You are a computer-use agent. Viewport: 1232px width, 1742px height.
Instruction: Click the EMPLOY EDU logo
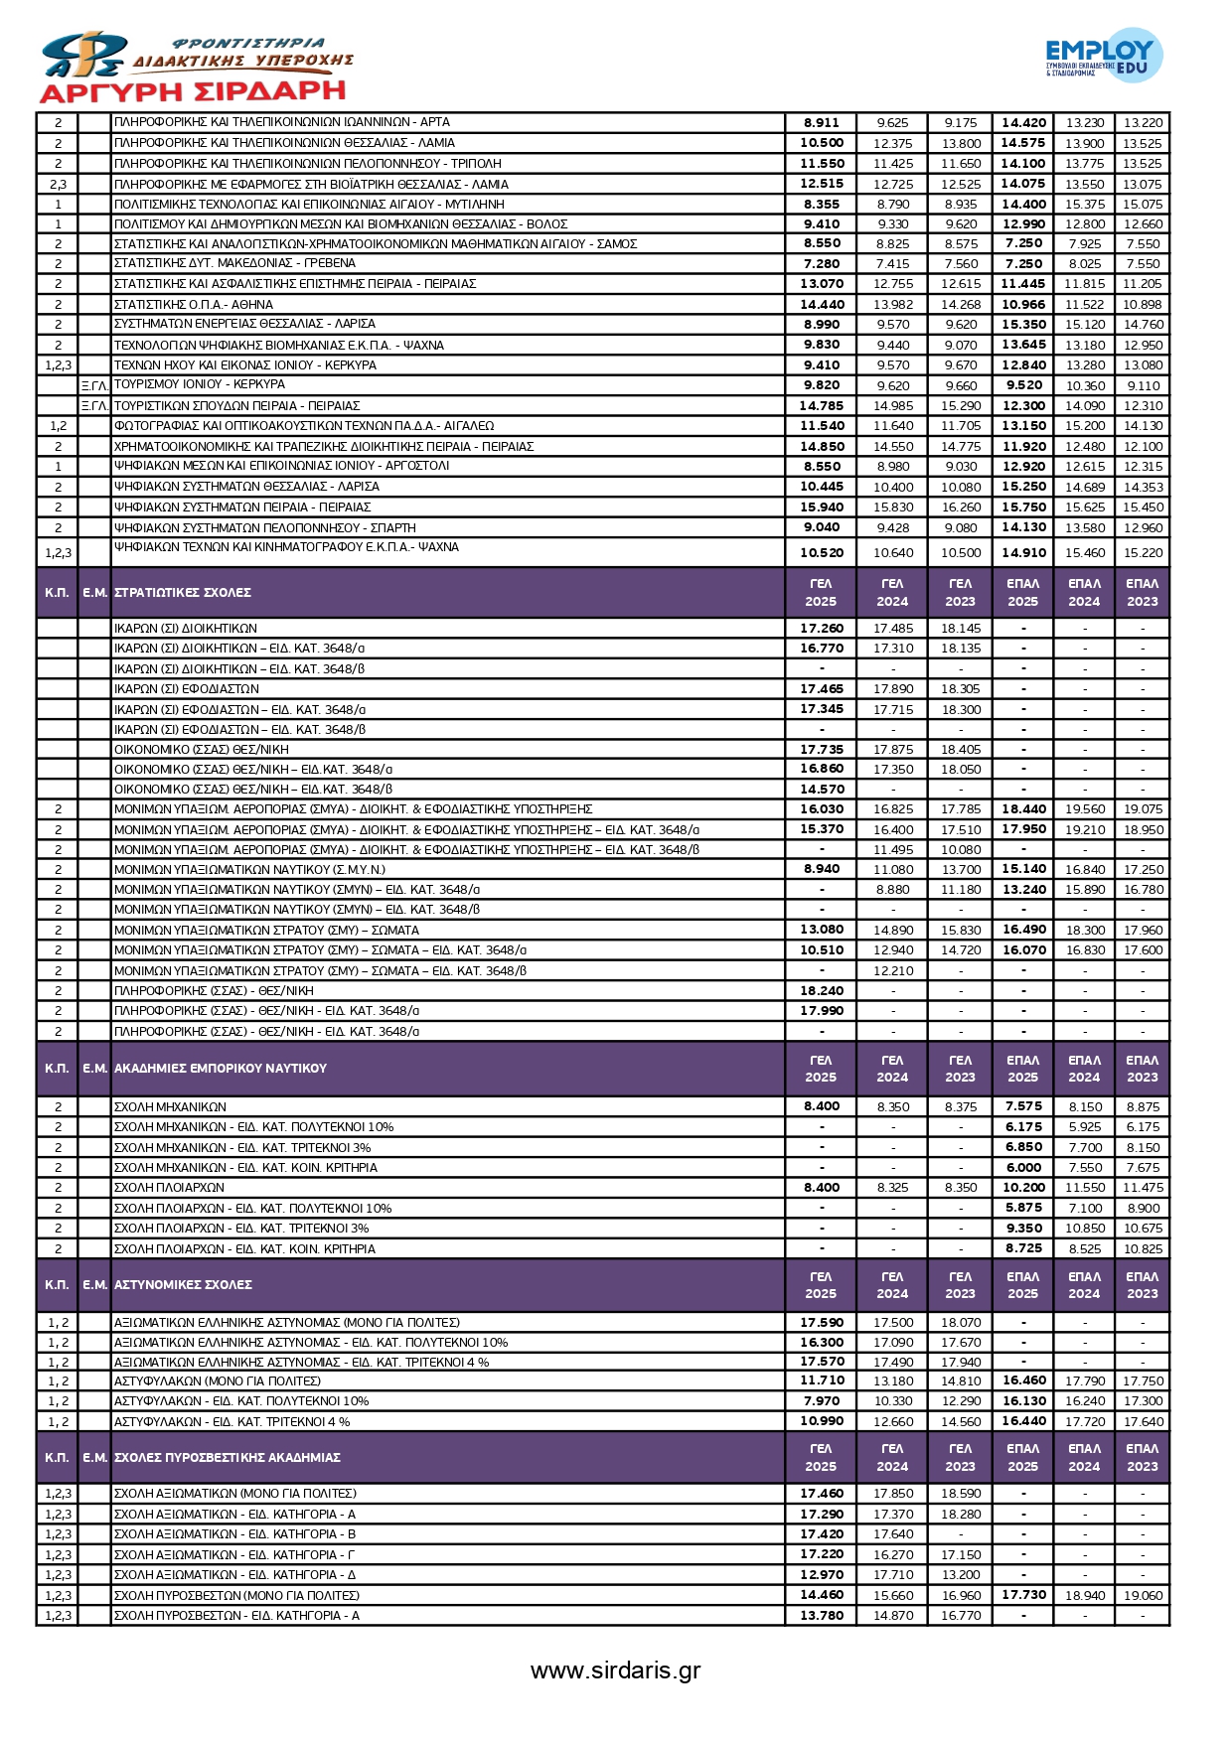[x=1104, y=56]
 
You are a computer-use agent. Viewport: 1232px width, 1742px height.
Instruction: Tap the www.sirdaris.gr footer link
[x=615, y=1670]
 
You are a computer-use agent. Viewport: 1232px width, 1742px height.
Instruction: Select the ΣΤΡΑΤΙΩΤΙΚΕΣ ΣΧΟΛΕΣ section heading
[x=183, y=593]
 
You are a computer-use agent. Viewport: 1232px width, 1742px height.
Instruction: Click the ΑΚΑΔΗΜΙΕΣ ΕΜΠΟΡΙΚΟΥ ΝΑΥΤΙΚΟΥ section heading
[x=221, y=1069]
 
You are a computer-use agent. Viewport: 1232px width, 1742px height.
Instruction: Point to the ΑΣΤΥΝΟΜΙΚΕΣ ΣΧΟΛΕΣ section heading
[x=183, y=1285]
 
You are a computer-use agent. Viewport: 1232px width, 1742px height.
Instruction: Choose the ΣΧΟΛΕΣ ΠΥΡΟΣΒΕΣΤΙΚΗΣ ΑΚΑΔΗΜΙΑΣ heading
[x=228, y=1458]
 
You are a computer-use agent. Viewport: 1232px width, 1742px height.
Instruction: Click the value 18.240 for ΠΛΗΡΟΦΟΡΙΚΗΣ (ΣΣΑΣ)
[x=822, y=991]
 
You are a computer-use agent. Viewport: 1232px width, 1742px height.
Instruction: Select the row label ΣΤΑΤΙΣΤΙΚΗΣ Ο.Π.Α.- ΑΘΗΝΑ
[x=194, y=305]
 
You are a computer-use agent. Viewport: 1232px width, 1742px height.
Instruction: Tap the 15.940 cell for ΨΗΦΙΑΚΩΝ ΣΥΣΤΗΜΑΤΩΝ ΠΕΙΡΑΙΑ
[x=822, y=508]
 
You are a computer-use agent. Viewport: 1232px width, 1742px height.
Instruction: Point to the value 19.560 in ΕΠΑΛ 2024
[x=1084, y=809]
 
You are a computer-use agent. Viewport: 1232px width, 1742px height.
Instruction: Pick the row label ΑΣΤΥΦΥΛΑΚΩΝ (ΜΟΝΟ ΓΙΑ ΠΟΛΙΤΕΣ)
[x=218, y=1381]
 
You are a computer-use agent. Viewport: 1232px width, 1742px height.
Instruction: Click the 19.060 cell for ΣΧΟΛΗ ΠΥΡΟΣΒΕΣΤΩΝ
[x=1143, y=1596]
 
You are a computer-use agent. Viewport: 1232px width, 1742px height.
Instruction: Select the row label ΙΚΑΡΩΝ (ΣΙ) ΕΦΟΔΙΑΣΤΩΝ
[x=187, y=689]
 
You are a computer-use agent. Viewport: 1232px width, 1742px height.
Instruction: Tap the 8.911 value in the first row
[x=822, y=123]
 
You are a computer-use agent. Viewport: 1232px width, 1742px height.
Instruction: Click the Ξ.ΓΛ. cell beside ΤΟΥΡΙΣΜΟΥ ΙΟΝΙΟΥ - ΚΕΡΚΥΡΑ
[x=94, y=385]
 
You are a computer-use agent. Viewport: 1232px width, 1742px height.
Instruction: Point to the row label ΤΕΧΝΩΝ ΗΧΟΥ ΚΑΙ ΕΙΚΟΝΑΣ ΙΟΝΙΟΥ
[x=245, y=365]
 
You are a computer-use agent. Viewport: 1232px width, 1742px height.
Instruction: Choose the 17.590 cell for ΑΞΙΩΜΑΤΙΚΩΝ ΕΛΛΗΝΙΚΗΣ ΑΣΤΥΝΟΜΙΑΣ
[x=822, y=1323]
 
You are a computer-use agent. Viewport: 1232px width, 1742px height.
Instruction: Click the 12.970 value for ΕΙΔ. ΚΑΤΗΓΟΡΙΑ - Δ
[x=822, y=1575]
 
